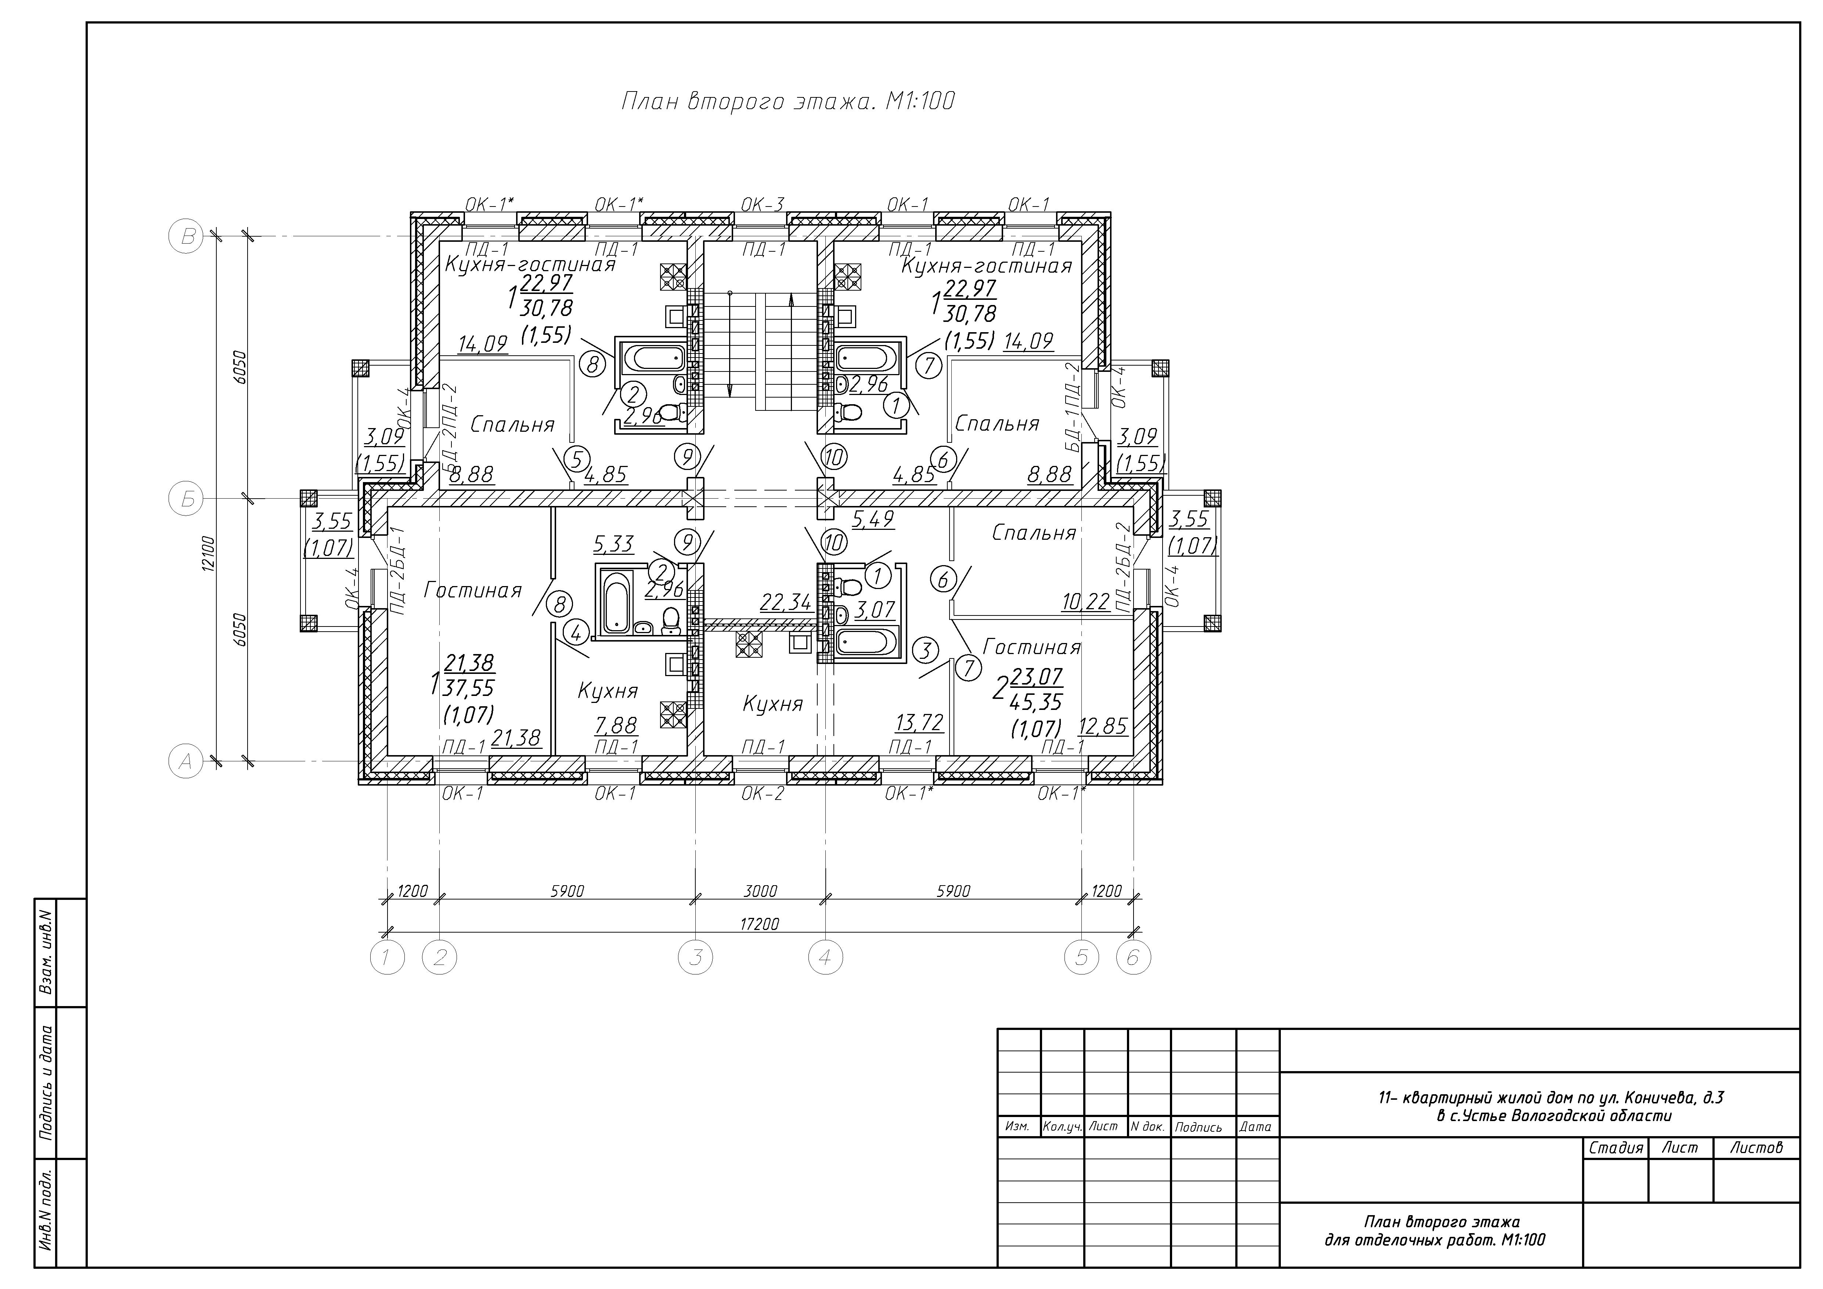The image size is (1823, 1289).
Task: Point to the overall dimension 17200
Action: coord(760,924)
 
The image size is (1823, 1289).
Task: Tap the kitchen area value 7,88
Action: coord(616,725)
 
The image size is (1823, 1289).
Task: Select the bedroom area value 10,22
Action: coord(1085,602)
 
